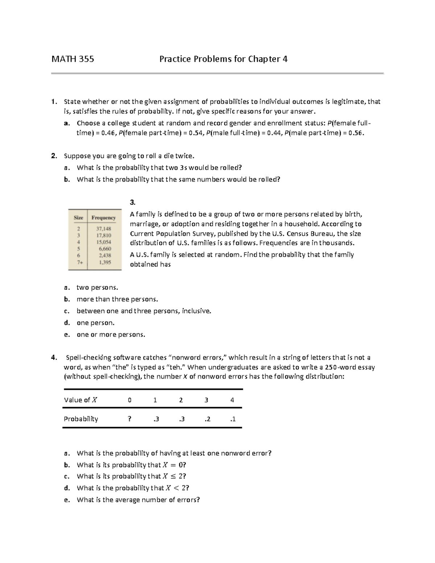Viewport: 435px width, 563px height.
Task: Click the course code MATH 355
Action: click(x=72, y=59)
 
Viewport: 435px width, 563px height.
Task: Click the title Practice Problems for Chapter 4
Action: click(x=223, y=59)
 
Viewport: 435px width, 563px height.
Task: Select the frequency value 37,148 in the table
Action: click(x=104, y=229)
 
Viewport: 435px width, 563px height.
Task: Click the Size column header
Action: click(x=78, y=218)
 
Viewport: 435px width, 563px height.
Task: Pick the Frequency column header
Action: click(x=104, y=218)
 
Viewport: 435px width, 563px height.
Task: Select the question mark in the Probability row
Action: click(x=129, y=419)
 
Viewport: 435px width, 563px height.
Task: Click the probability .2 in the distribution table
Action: click(x=207, y=419)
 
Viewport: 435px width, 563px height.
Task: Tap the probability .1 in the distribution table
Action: click(x=233, y=419)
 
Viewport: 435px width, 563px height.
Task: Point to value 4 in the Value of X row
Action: click(x=232, y=400)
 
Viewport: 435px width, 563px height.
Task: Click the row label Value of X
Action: click(x=80, y=400)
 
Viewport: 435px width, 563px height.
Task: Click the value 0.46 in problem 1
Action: click(x=108, y=133)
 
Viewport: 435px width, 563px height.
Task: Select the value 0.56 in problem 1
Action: click(x=355, y=133)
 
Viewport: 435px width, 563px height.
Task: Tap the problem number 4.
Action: click(x=54, y=358)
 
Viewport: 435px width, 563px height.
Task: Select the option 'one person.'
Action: click(x=95, y=323)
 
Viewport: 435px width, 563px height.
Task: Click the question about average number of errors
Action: click(x=138, y=500)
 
